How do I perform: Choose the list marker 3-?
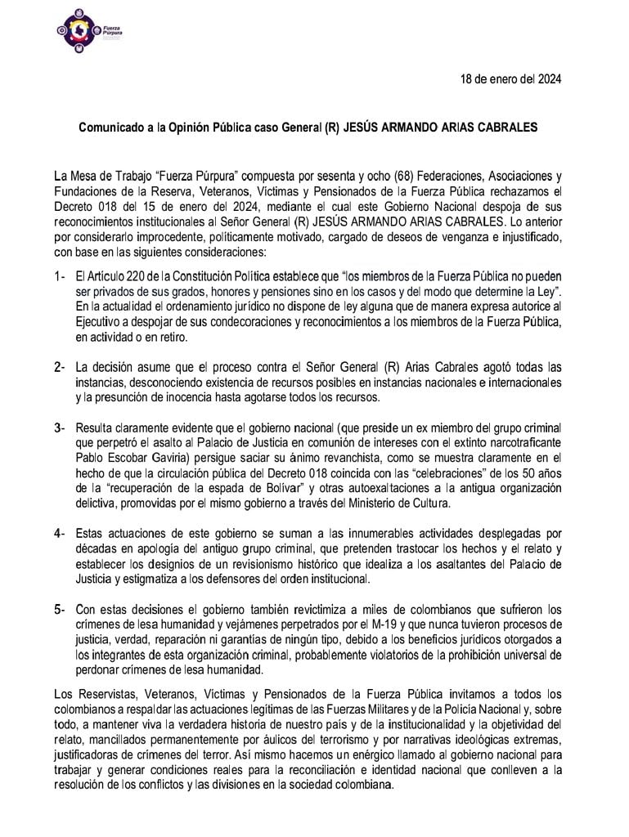[59, 427]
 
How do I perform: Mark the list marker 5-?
[59, 609]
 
